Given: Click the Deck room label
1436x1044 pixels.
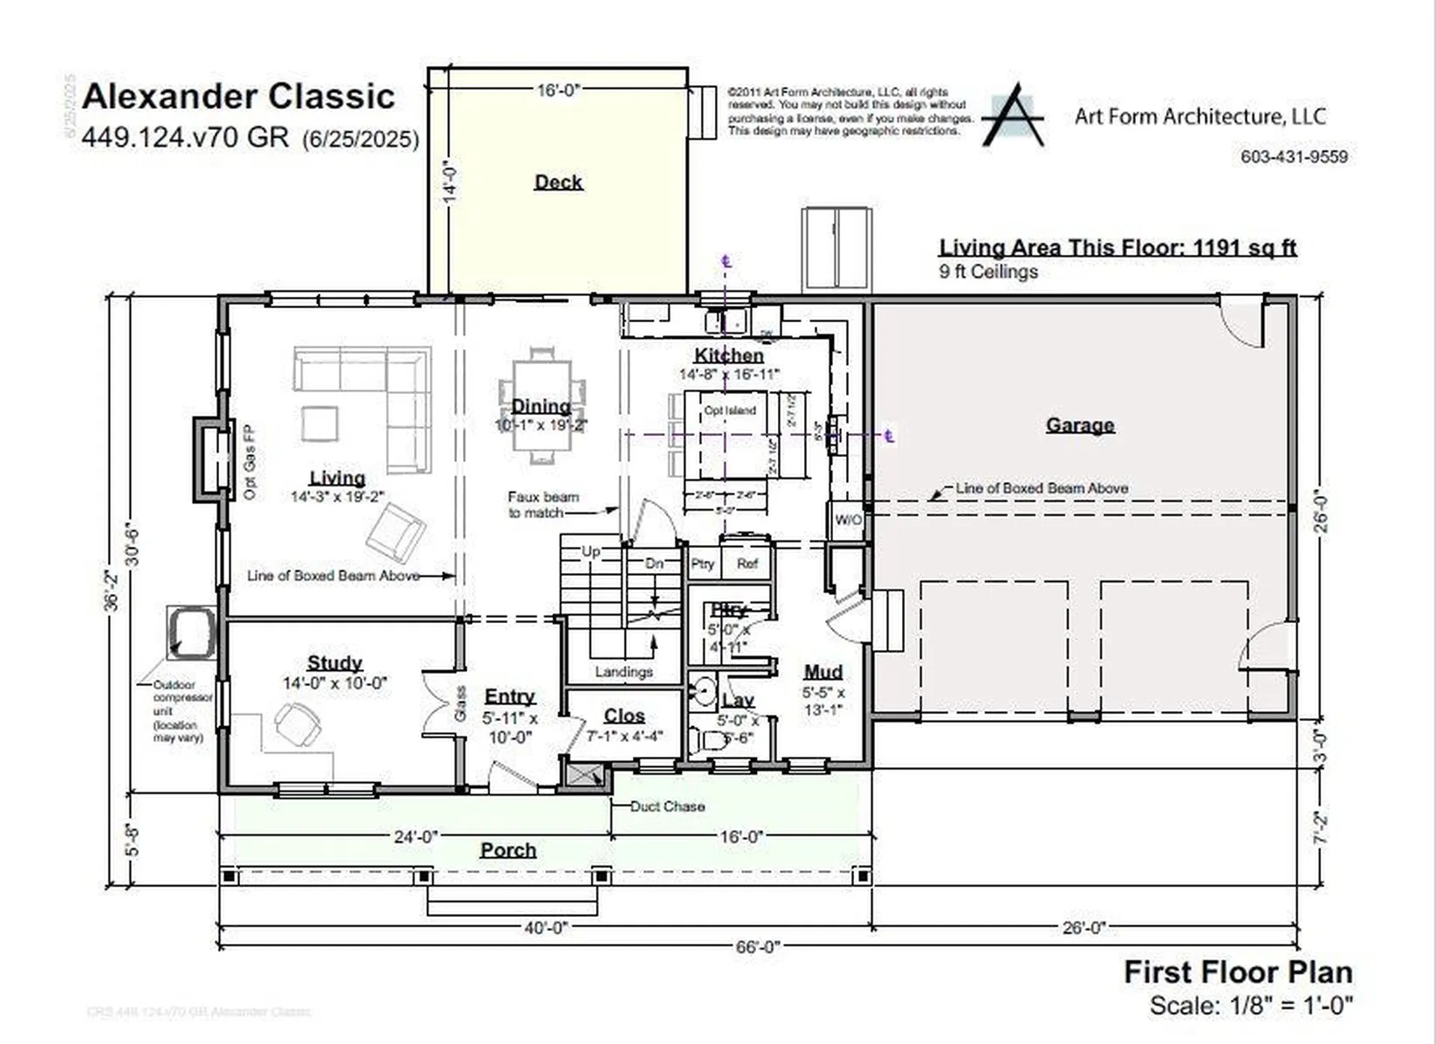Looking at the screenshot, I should coord(558,182).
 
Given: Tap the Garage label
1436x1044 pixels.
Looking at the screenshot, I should coord(1079,425).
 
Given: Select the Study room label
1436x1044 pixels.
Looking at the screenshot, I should coord(334,663).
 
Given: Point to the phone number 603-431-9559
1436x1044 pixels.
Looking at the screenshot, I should coord(1294,157).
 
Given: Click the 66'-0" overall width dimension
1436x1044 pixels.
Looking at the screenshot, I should coord(758,947).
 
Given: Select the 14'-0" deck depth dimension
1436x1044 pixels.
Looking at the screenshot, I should coord(449,181).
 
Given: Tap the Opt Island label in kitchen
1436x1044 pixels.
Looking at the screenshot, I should coord(730,411).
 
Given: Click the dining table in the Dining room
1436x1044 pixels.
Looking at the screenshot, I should coord(541,405).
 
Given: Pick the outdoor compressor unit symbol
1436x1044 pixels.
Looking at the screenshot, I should coord(191,633).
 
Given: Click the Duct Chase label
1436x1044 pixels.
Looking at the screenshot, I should coord(667,806).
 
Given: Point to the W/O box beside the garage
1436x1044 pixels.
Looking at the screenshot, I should coord(847,519).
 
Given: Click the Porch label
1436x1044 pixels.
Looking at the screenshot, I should coord(508,850).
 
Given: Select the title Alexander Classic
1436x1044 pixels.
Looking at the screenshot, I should coord(238,96).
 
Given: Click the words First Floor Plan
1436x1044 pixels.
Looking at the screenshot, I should coord(1238,972).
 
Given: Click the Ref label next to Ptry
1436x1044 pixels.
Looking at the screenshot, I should coord(746,564).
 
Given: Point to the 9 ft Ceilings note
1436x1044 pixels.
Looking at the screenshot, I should coord(988,271).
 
